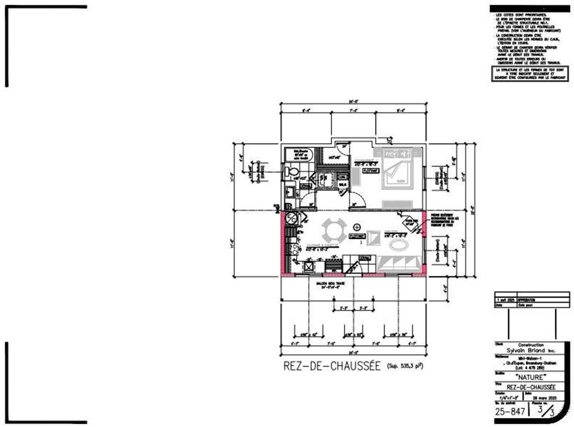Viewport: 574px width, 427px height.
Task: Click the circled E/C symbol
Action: pos(290,219)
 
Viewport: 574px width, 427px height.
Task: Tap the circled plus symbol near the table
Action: pos(356,226)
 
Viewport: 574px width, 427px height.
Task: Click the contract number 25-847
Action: pos(509,411)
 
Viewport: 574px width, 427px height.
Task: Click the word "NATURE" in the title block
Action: pos(524,377)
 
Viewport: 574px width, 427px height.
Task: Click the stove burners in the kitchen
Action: pos(290,248)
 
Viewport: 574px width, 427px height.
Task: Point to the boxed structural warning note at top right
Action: pos(530,74)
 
